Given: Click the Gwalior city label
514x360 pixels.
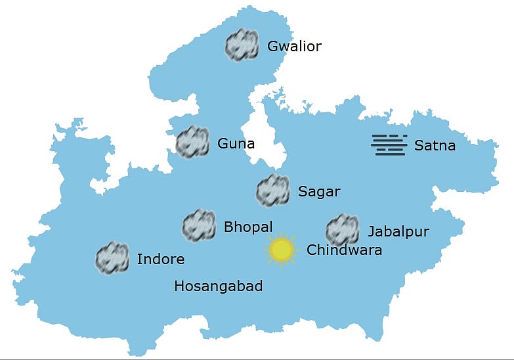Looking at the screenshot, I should point(294,47).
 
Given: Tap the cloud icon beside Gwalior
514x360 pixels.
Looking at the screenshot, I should point(242,45).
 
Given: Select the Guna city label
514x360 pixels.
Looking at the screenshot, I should point(236,144).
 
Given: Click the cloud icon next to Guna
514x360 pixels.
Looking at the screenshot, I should point(193,142).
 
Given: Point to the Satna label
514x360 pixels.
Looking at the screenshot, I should point(435,146).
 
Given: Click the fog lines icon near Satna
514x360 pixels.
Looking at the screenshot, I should point(389,145).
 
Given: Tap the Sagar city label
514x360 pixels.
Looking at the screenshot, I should point(319,192).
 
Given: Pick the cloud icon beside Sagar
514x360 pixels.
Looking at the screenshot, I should point(272,191).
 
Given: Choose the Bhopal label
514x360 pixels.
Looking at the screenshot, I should point(248,227).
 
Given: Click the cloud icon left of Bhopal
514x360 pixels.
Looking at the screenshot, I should point(200,226).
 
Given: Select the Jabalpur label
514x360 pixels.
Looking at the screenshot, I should point(398,231).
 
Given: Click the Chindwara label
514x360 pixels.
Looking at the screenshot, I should point(344,250).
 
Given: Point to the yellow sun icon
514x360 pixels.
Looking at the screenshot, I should point(282,250).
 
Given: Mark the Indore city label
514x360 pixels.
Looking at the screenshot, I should point(160,259).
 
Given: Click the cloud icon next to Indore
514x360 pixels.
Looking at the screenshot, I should point(112,258).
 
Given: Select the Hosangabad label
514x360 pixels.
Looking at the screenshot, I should point(219,286).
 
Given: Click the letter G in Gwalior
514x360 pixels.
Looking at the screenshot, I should point(272,47).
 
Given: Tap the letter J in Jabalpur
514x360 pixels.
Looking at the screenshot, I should point(371,232).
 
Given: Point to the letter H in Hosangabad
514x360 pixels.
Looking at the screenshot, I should point(179,286).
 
